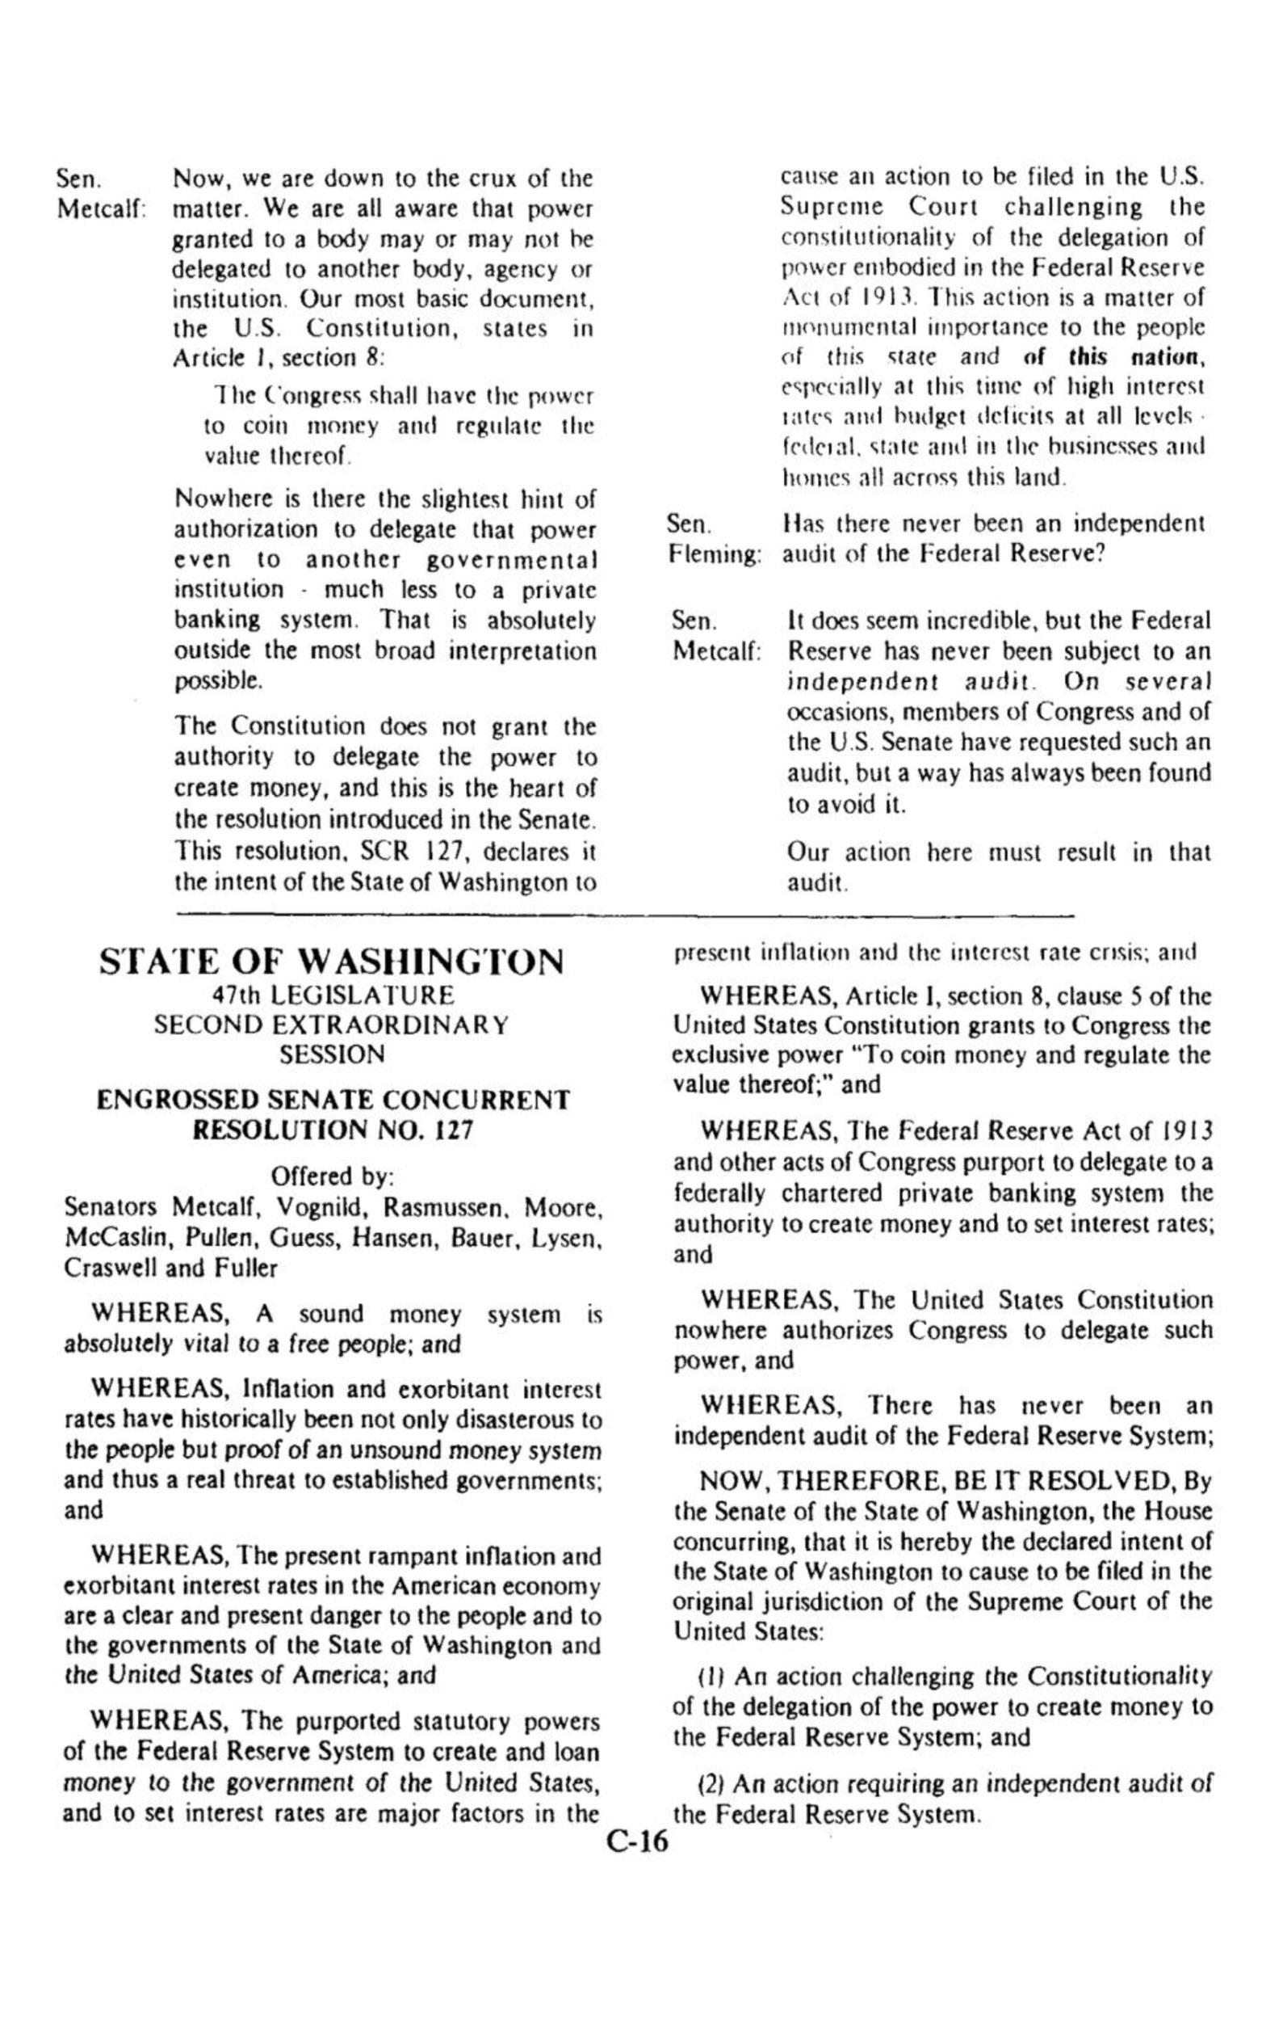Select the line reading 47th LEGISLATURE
(x=331, y=995)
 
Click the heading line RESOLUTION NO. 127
(x=333, y=1130)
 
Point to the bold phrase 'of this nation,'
(x=1113, y=357)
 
